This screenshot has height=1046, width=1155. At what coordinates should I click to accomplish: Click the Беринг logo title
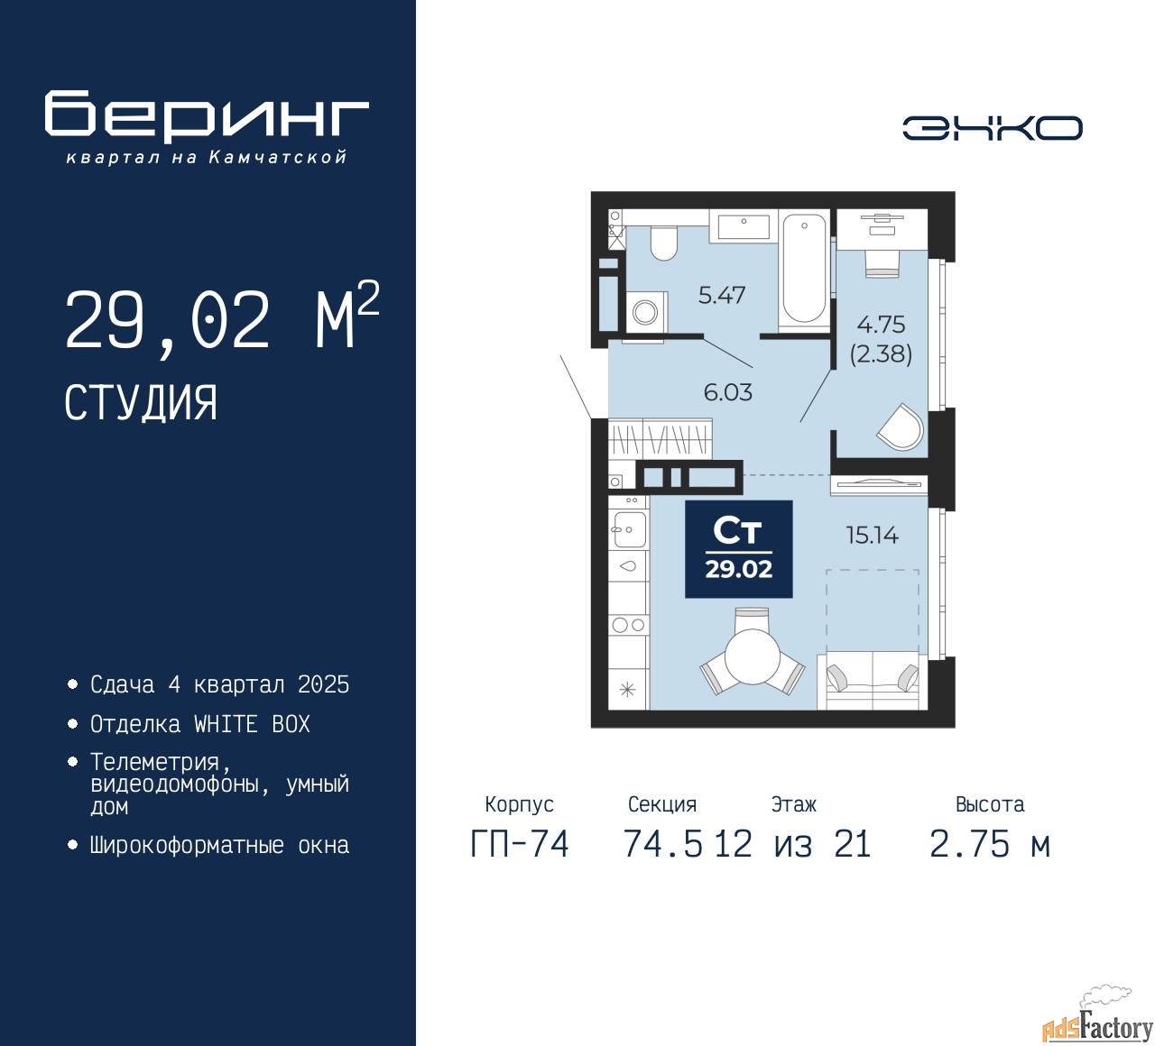(x=207, y=116)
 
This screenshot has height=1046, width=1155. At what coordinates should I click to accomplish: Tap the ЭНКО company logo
(x=992, y=128)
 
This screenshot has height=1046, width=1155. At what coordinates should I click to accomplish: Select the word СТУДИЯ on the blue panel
(x=141, y=403)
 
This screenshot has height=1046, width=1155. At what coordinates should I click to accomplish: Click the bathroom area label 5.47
(x=721, y=295)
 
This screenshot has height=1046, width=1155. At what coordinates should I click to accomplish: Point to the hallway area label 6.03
(x=727, y=392)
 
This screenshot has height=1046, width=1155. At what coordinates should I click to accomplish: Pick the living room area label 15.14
(x=872, y=535)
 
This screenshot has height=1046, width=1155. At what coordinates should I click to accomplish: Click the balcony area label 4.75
(x=881, y=325)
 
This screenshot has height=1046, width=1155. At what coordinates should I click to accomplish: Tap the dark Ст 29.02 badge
(x=738, y=549)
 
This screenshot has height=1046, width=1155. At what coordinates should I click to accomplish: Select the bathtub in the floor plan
(x=803, y=268)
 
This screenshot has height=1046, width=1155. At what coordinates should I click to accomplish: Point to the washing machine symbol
(x=645, y=312)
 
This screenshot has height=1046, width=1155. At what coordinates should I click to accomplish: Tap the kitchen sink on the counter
(x=628, y=528)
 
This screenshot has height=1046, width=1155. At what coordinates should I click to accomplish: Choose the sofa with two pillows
(x=872, y=680)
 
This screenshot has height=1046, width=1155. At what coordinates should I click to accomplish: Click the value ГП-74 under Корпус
(x=520, y=844)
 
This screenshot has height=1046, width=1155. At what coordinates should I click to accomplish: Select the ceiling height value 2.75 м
(x=989, y=844)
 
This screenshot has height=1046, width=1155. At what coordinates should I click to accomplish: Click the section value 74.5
(x=663, y=844)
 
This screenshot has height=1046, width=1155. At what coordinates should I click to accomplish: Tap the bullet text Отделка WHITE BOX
(x=199, y=724)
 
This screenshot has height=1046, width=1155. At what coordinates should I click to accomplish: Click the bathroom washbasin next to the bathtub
(x=744, y=225)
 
